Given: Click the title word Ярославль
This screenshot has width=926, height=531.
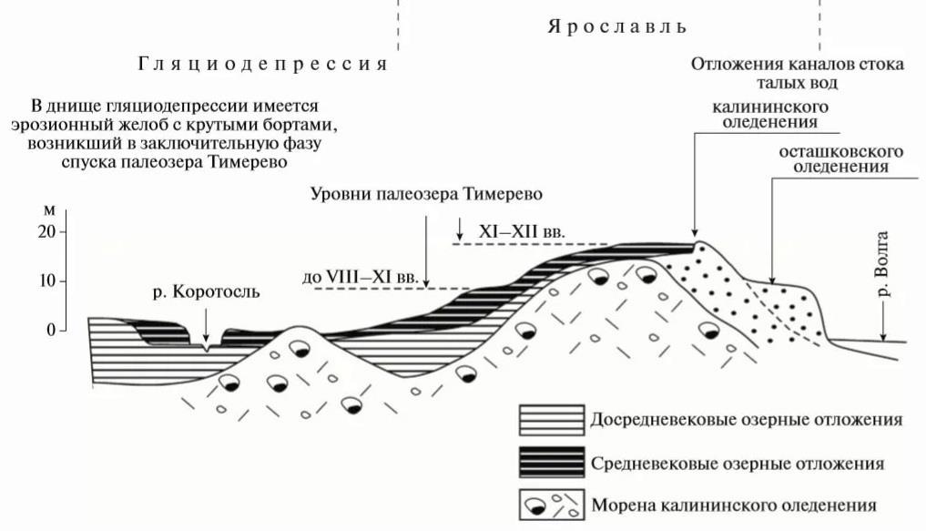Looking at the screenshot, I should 616,26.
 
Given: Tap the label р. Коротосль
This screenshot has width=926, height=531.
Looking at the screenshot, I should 206,292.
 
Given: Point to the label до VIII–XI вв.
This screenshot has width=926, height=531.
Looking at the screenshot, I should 361,275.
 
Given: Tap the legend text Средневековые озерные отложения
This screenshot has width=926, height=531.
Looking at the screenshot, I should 738,464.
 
